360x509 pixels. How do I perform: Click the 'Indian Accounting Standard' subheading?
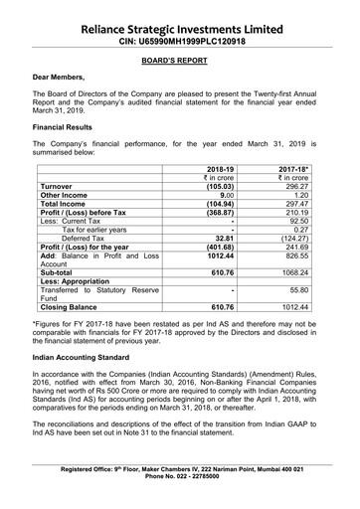click(89, 382)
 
